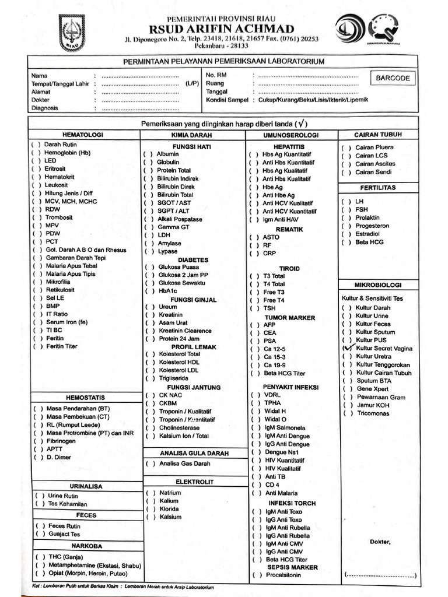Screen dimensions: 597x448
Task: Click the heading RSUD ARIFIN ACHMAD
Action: point(222,29)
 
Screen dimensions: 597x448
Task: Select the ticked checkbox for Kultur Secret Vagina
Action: point(348,348)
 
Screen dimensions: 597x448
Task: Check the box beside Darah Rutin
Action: point(36,144)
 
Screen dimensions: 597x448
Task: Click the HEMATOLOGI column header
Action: point(83,135)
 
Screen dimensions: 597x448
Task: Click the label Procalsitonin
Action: point(284,575)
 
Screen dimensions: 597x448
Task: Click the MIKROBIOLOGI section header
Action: point(378,285)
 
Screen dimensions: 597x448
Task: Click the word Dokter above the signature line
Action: point(380,542)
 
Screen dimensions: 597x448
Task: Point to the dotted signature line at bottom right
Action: point(380,575)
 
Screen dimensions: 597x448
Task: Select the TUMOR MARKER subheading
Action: point(289,318)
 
